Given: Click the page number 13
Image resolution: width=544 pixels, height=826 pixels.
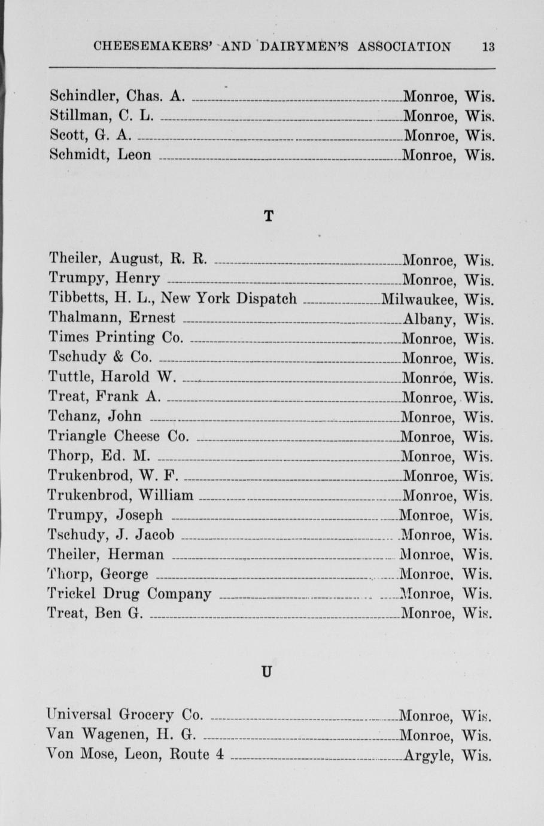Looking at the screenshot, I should coord(488,47).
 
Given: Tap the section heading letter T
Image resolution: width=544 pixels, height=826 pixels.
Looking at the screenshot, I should coord(269,216).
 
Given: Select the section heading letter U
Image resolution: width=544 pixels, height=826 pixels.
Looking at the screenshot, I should coord(267,672).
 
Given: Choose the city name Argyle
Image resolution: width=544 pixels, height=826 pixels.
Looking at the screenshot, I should coord(427,755).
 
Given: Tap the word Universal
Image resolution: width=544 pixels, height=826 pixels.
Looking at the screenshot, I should coord(80,714).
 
